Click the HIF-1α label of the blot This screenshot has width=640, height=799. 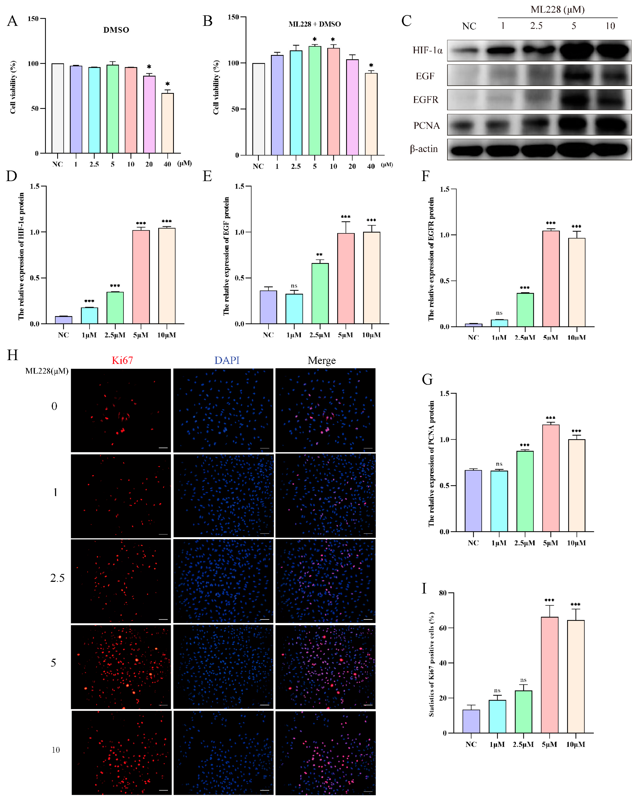(427, 50)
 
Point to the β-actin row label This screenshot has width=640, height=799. (424, 149)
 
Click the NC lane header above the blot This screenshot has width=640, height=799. (469, 26)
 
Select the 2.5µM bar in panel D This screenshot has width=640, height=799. (115, 308)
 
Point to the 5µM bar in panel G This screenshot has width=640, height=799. (551, 478)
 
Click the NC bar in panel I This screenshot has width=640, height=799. (471, 721)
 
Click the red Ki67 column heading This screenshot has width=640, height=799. (122, 360)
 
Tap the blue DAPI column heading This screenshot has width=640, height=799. (227, 360)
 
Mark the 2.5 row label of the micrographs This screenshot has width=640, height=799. (57, 578)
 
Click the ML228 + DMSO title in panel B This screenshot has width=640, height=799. (315, 24)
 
